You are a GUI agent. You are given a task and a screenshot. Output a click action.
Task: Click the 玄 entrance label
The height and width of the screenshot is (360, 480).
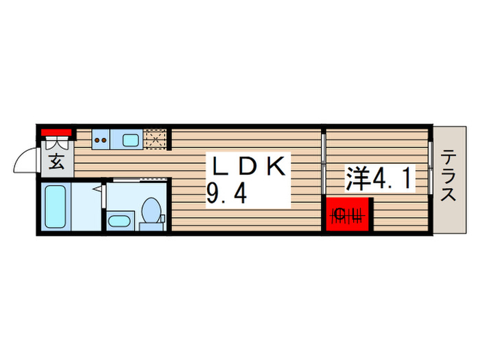57,165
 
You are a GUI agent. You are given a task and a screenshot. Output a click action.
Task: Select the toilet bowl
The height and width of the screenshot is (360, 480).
150,210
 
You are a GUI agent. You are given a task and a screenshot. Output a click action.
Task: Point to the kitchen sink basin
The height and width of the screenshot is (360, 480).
130,140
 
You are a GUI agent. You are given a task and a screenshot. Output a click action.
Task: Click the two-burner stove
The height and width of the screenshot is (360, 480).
101,140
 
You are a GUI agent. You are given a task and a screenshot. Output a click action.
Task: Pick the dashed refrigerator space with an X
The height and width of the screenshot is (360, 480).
156,140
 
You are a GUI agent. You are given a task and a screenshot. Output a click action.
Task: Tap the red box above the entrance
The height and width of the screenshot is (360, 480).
56,132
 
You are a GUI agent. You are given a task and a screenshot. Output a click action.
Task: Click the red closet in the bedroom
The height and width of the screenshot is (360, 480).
348,215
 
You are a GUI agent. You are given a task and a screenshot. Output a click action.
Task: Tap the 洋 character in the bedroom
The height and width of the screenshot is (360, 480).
357,179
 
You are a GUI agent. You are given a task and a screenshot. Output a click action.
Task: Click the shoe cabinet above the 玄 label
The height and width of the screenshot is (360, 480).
56,145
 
